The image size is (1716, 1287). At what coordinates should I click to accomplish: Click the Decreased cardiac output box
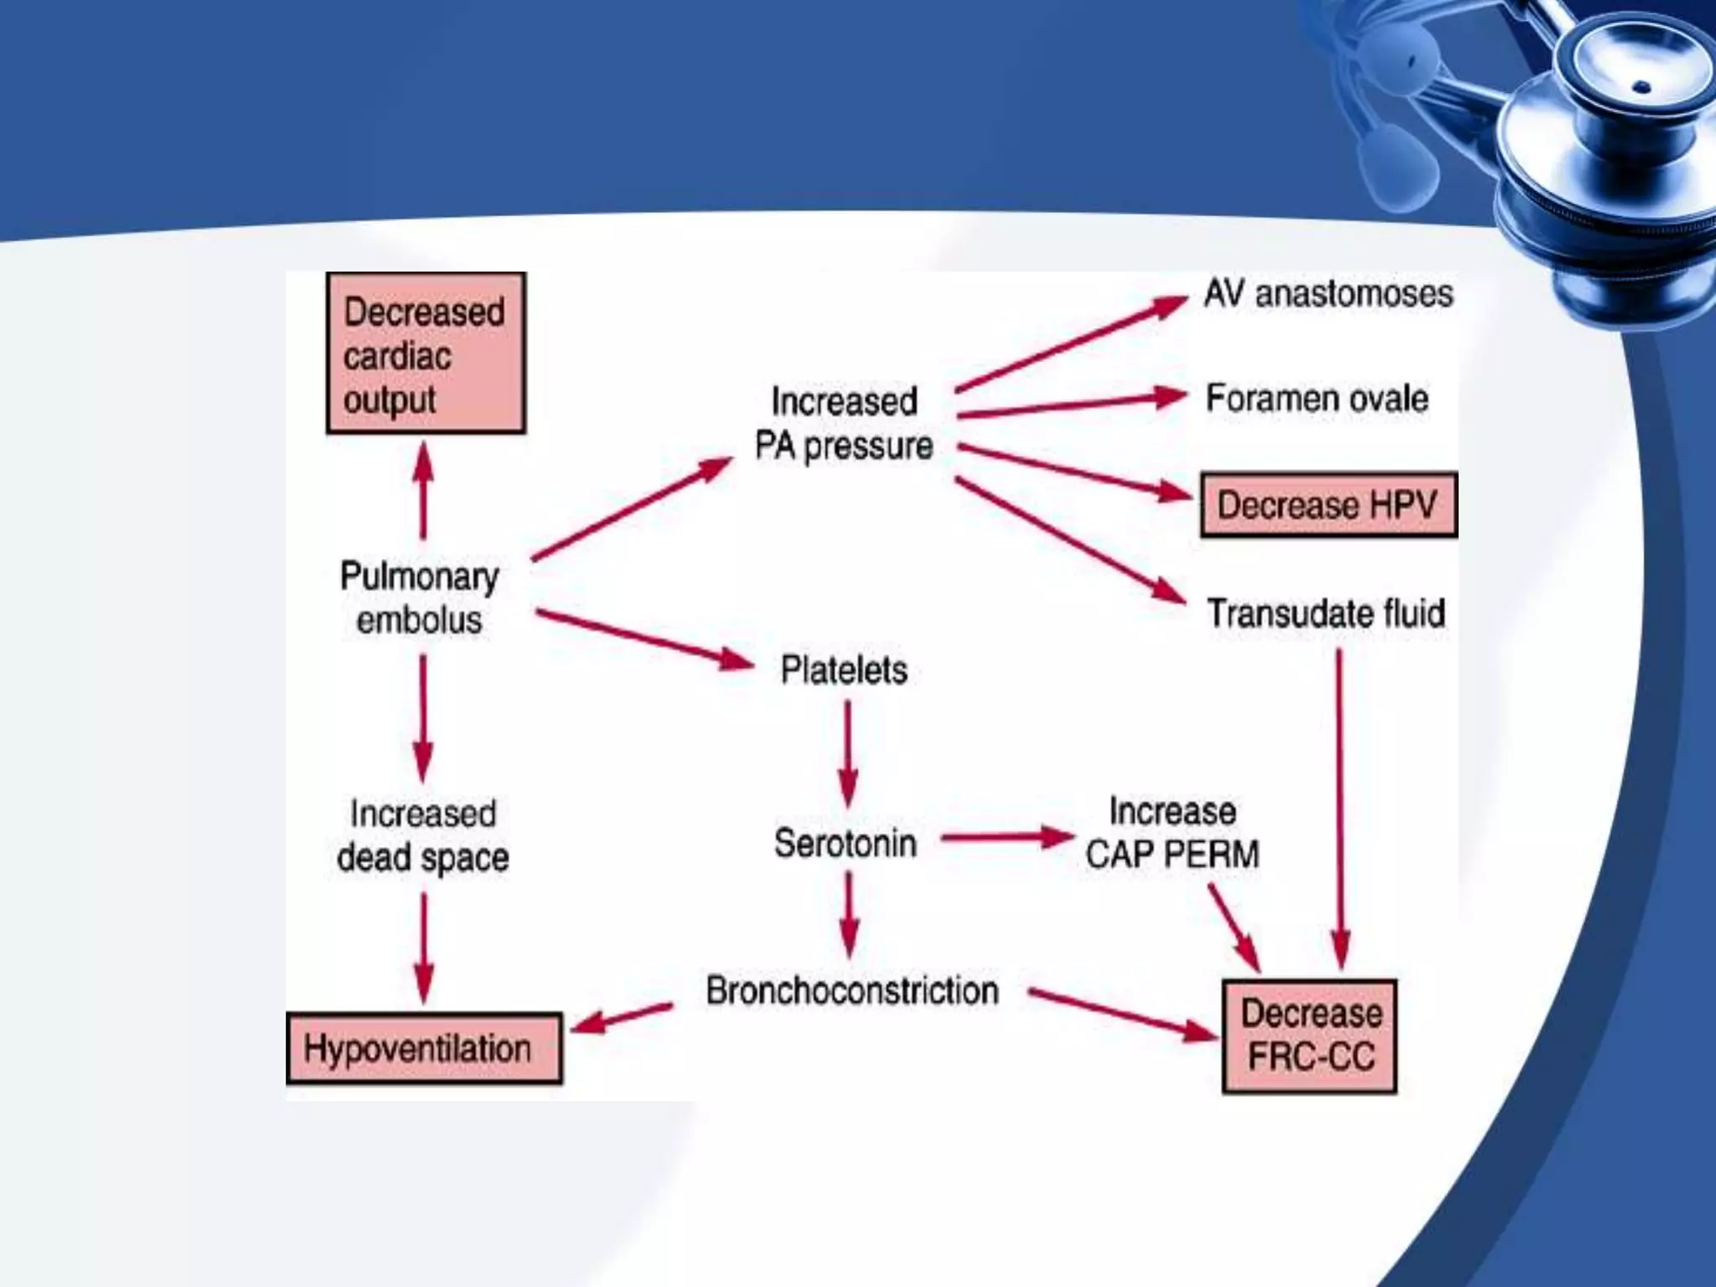coord(426,353)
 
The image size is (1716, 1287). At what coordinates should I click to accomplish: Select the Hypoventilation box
coord(424,1048)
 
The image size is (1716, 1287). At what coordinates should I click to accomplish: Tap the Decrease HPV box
coord(1328,504)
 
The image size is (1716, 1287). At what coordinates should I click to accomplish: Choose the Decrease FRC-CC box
coord(1310,1036)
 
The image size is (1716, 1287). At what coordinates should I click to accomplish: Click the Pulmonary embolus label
coord(420,598)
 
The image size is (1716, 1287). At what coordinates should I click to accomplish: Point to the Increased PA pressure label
coord(844,424)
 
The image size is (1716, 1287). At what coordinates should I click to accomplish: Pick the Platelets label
coord(844,670)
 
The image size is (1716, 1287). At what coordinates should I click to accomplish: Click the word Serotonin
coord(845,843)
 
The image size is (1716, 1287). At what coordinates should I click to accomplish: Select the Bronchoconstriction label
coord(852,990)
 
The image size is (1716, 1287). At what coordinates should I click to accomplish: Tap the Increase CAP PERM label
coord(1172,833)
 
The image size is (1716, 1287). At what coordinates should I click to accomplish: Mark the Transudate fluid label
coord(1326,613)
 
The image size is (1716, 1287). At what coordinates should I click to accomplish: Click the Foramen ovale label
coord(1316,399)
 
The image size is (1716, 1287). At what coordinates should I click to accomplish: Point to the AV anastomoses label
coord(1328,294)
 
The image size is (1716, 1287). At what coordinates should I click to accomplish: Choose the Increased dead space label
coord(423,835)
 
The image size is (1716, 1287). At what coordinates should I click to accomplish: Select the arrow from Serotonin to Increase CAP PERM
coord(1006,837)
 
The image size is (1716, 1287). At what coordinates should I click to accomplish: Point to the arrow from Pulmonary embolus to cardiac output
coord(424,491)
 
